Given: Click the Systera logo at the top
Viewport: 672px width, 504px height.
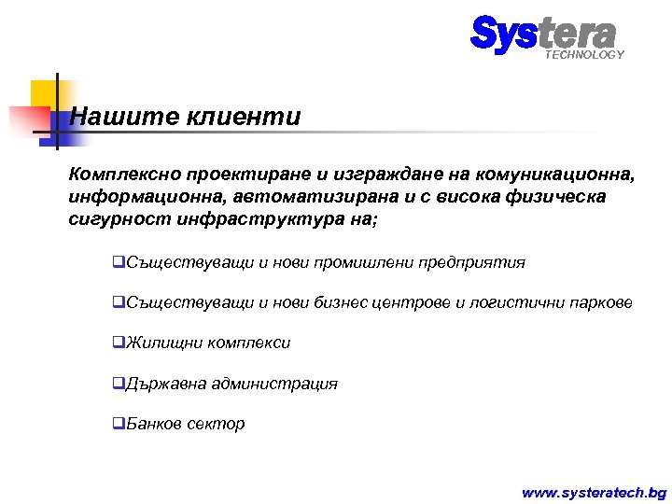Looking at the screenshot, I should pos(542,34).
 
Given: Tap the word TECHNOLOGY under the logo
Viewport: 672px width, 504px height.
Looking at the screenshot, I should pos(584,55).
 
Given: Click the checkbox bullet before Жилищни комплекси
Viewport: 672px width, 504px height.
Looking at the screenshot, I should pos(118,343).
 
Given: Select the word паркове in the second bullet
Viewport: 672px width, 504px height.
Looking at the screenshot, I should pos(601,303).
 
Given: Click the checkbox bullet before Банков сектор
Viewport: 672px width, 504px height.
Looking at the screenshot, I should pos(118,424).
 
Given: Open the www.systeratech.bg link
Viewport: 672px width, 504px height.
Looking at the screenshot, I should pos(594,492).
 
